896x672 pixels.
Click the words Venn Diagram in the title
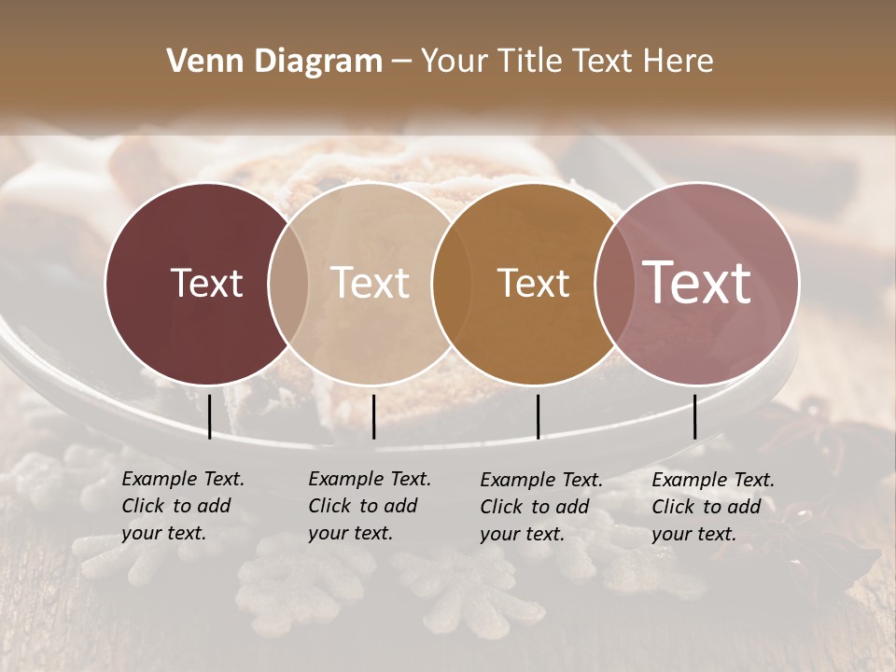[274, 62]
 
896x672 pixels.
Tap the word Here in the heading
[678, 62]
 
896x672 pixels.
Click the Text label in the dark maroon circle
[206, 283]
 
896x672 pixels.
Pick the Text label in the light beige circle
[371, 283]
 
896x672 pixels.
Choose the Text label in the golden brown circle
[533, 283]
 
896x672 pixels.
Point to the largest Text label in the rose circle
[697, 282]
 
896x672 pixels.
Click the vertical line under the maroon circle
[210, 416]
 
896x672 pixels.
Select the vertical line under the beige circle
[373, 416]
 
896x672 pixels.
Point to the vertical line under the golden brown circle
[538, 416]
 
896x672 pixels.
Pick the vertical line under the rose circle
[695, 416]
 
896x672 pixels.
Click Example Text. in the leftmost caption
[183, 479]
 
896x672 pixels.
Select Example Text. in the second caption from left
[370, 479]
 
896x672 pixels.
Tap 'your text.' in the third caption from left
[523, 534]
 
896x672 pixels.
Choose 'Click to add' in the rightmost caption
[707, 507]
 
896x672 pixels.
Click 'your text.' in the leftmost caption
[164, 533]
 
